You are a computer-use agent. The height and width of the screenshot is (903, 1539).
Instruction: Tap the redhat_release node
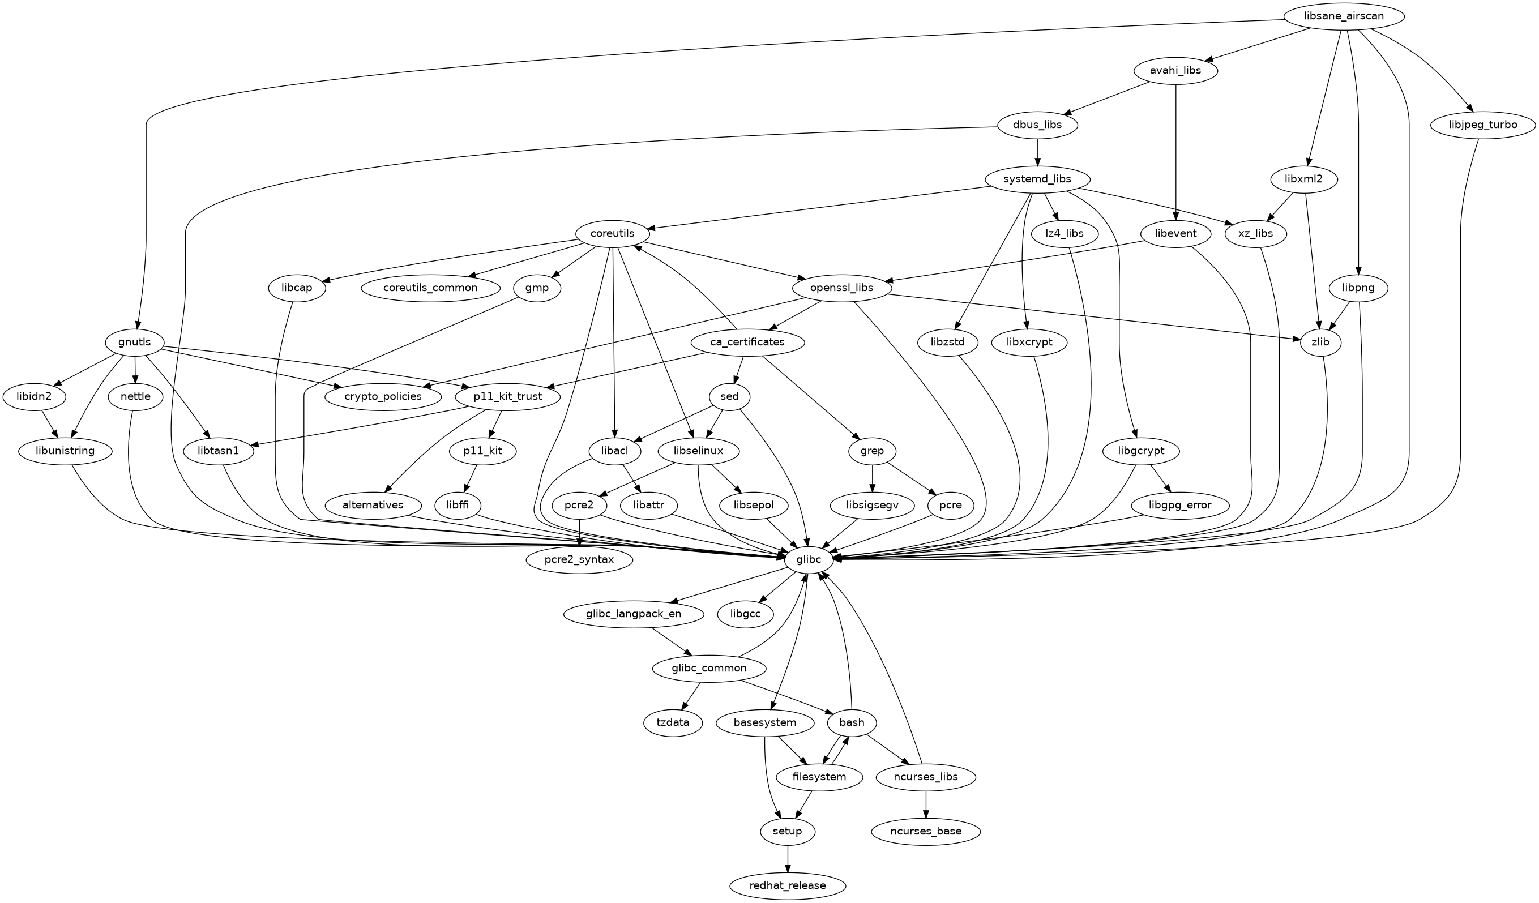pyautogui.click(x=787, y=885)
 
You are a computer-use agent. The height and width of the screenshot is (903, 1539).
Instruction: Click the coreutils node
pyautogui.click(x=613, y=233)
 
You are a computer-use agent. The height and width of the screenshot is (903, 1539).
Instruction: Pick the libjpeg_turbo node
pyautogui.click(x=1482, y=125)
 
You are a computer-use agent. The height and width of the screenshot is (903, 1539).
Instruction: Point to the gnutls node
pyautogui.click(x=134, y=342)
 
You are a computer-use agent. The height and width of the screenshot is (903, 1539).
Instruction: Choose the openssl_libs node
pyautogui.click(x=843, y=288)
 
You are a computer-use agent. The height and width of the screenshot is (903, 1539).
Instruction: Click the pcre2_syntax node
pyautogui.click(x=579, y=559)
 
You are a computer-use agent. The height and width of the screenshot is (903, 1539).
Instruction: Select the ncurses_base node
pyautogui.click(x=926, y=831)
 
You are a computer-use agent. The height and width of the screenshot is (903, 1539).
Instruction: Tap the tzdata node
pyautogui.click(x=673, y=722)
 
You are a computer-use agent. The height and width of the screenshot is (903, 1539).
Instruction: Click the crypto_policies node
pyautogui.click(x=382, y=396)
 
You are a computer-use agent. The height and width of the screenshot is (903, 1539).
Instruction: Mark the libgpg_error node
pyautogui.click(x=1180, y=505)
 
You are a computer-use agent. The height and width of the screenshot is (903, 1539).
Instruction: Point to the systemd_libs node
pyautogui.click(x=1038, y=179)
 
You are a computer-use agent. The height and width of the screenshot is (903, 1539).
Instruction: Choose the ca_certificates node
pyautogui.click(x=747, y=342)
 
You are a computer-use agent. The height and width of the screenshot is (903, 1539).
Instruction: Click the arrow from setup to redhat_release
pyautogui.click(x=787, y=858)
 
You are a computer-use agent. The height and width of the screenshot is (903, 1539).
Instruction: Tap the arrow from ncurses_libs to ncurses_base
pyautogui.click(x=926, y=804)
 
